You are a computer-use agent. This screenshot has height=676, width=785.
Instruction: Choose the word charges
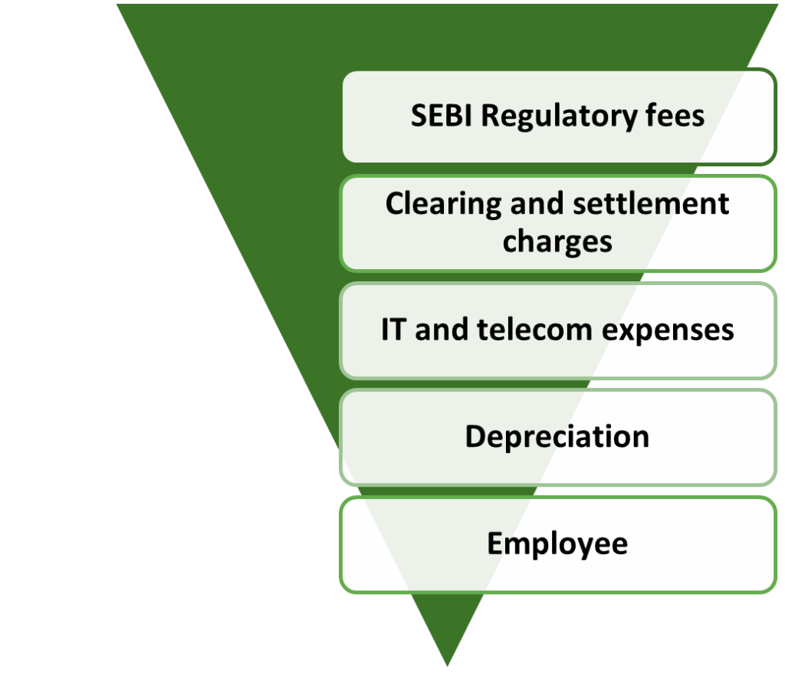557,241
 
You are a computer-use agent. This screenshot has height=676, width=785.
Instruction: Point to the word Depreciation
557,437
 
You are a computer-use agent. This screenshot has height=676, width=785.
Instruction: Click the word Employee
557,544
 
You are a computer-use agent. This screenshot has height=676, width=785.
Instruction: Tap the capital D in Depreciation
474,436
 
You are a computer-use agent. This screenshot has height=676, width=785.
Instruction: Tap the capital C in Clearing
393,204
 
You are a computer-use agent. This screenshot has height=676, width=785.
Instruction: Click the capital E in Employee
495,543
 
